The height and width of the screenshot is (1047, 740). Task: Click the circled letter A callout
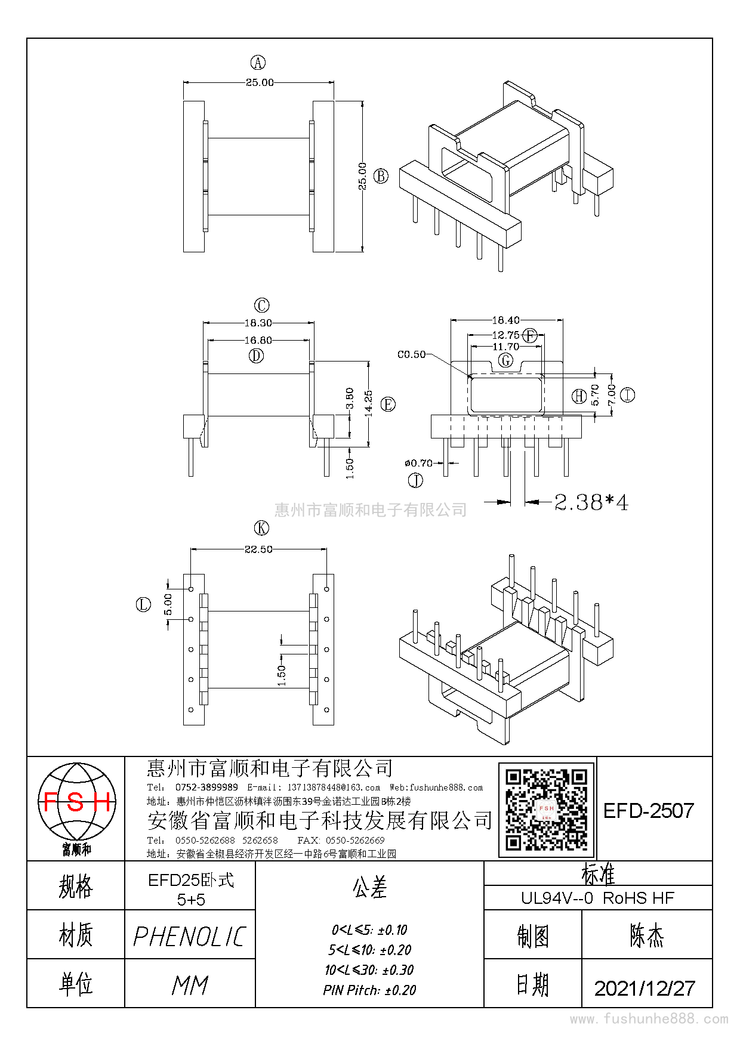tap(258, 63)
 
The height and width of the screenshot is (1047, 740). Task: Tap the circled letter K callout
tap(261, 528)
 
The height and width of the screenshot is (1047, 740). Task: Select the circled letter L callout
tap(143, 605)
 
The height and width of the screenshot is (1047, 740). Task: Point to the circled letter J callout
tap(415, 480)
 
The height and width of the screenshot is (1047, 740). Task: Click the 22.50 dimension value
tap(258, 549)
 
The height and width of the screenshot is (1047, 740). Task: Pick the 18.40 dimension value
tap(506, 320)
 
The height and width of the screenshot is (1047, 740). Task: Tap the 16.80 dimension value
tap(258, 340)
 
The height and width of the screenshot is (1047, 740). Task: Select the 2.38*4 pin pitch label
tap(591, 502)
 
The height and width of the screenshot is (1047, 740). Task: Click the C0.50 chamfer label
tap(412, 354)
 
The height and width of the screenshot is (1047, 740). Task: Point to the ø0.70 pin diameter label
tap(418, 463)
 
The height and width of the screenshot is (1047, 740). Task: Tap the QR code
tap(547, 810)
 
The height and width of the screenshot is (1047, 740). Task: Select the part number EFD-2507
tap(649, 811)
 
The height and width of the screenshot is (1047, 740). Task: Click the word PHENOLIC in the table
tap(190, 937)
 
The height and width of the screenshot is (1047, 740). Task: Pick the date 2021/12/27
tap(645, 988)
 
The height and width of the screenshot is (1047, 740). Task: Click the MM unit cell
tap(190, 985)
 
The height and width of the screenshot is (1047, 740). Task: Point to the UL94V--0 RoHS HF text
tap(597, 898)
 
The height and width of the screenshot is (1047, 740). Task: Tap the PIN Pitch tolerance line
tap(369, 990)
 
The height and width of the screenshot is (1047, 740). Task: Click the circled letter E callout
tap(388, 404)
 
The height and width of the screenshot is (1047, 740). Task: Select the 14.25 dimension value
tap(368, 403)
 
